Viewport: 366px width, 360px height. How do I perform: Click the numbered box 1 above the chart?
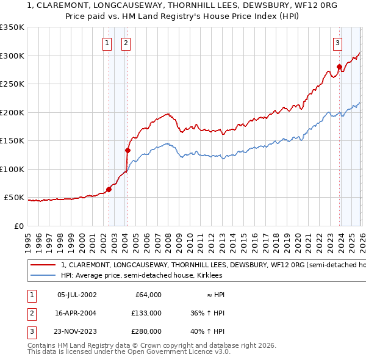point(107,43)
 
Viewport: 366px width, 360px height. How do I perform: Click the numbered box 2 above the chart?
point(125,43)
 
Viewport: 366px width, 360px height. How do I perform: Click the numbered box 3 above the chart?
point(337,43)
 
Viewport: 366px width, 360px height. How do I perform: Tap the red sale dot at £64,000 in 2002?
point(109,190)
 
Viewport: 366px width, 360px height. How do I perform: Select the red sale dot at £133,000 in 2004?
point(128,150)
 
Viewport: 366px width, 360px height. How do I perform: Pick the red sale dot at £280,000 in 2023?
point(339,67)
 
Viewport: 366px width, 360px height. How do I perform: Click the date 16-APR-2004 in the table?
point(76,313)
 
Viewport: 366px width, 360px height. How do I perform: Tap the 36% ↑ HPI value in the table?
point(208,313)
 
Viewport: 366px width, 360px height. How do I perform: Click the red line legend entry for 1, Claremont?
point(183,265)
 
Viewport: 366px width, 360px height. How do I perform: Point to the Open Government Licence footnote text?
point(129,352)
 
